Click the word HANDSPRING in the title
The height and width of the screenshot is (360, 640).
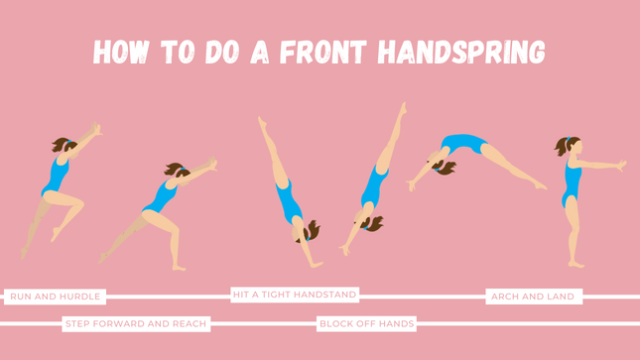461,53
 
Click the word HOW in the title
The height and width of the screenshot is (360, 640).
120,53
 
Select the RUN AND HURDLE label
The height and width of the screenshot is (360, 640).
56,297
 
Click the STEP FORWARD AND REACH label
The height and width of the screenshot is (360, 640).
136,323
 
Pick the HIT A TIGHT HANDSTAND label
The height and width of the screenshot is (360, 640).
295,295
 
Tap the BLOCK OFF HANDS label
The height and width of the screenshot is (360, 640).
366,323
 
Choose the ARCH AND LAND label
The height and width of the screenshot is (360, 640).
533,297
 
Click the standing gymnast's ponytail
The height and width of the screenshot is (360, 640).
561,147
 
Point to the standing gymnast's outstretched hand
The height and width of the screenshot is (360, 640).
621,165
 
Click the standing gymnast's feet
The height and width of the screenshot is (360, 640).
576,264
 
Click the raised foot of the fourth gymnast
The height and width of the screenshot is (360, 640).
403,108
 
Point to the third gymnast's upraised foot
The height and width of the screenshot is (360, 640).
262,121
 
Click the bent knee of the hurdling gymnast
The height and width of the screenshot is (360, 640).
80,203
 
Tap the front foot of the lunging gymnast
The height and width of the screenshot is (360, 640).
179,268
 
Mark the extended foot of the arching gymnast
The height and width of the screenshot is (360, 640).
541,185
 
